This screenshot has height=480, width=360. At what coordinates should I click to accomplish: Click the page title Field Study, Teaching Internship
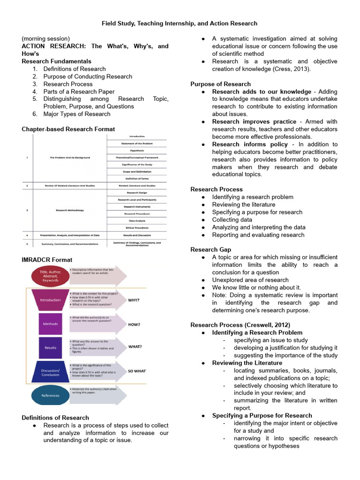(x=180, y=23)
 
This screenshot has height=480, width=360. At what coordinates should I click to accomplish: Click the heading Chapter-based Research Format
(x=68, y=129)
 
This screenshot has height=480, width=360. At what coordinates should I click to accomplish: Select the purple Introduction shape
(x=50, y=300)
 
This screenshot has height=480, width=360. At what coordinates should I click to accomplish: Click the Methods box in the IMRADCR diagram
(x=50, y=324)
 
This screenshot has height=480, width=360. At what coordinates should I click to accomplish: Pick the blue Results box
(x=50, y=348)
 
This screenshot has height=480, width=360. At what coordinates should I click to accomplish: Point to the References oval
(x=50, y=396)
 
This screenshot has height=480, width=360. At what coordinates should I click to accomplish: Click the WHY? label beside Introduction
(x=134, y=300)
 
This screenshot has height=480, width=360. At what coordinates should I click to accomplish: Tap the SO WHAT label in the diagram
(x=137, y=371)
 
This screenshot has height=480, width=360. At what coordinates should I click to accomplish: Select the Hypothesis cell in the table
(x=137, y=150)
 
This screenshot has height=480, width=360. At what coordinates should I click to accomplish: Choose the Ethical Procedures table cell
(x=137, y=227)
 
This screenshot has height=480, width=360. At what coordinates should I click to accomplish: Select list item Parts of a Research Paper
(x=79, y=91)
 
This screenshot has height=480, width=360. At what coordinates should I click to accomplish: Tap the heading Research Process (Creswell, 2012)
(x=240, y=325)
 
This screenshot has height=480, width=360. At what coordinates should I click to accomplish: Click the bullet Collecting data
(x=232, y=220)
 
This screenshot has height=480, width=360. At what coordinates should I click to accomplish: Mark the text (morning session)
(x=45, y=38)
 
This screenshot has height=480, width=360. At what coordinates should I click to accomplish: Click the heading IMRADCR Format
(x=47, y=259)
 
